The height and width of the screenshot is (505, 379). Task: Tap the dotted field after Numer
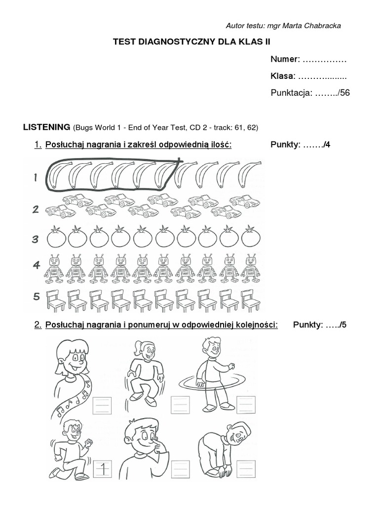click(324, 60)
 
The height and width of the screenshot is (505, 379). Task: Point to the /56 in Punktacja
click(341, 93)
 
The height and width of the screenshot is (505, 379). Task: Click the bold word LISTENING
click(46, 127)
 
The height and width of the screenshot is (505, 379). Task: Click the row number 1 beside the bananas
click(35, 178)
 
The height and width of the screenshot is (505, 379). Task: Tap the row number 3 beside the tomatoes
click(35, 239)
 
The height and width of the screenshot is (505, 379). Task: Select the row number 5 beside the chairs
click(36, 297)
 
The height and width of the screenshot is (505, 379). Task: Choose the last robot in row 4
click(251, 269)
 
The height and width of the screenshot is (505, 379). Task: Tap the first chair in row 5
click(55, 300)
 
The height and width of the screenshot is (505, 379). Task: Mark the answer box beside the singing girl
click(102, 405)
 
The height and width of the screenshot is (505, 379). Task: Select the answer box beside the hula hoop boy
click(246, 405)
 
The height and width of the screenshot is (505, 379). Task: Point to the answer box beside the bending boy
click(246, 468)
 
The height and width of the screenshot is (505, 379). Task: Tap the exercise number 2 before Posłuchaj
click(38, 325)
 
